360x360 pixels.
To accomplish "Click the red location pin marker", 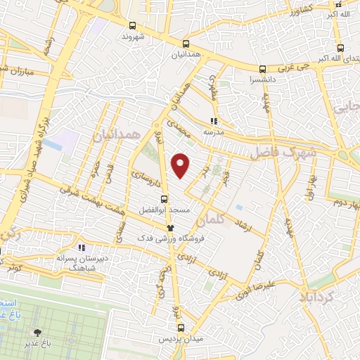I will (x=181, y=165).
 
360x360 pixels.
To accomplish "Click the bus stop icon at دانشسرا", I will (x=262, y=69).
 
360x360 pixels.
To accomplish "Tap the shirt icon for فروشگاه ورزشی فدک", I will (x=170, y=227).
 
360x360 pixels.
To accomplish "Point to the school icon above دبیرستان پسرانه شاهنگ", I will (x=82, y=247).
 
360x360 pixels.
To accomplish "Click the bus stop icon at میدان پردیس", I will (x=181, y=328).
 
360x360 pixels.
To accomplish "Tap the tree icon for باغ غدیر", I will (x=37, y=330).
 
